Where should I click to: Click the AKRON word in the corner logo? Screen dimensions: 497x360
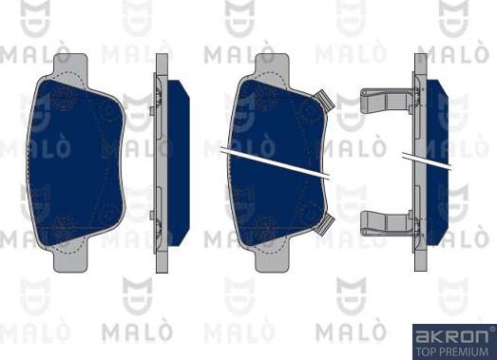coord(451,336)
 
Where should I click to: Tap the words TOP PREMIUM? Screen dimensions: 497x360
coord(451,351)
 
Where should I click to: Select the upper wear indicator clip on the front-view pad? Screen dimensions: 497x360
coord(324,100)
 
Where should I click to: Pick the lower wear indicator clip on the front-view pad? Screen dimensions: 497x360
coord(324,224)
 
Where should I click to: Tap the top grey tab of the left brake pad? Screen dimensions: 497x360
coord(70,66)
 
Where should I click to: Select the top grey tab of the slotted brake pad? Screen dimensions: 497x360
coord(273,66)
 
